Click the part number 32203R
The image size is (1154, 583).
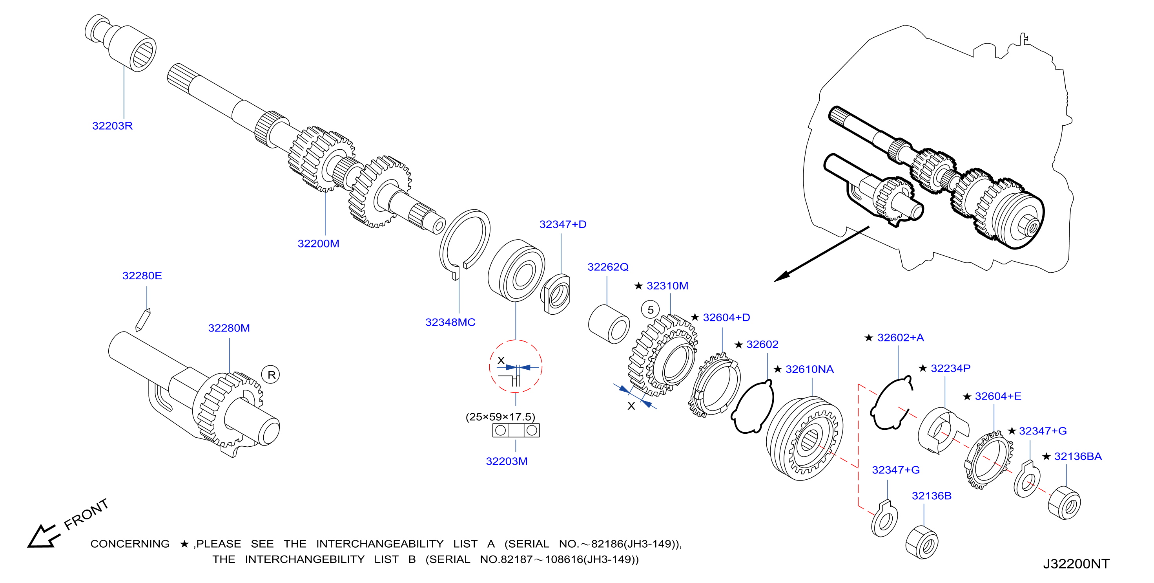click(113, 126)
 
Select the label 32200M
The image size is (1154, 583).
click(319, 244)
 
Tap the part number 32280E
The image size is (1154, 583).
click(142, 276)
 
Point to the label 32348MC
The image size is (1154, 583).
click(450, 323)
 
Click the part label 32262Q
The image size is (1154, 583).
click(608, 267)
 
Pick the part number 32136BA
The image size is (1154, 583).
click(1078, 456)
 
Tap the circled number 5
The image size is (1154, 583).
click(651, 310)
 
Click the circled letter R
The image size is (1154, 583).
click(271, 375)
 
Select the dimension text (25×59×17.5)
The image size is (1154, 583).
click(500, 417)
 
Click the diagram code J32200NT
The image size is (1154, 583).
click(1076, 564)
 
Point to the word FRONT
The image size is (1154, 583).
click(86, 514)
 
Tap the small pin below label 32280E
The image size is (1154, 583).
click(143, 320)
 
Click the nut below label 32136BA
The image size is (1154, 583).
click(1065, 503)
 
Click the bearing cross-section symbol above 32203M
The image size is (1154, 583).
click(516, 431)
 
